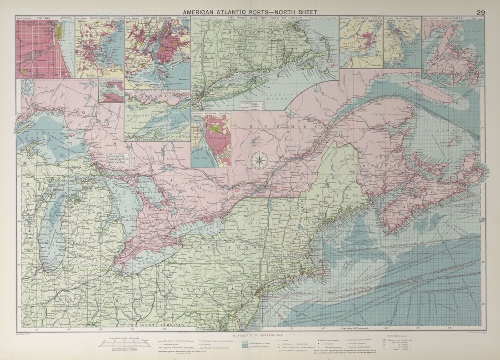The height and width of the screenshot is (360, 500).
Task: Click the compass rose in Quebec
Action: (260, 160)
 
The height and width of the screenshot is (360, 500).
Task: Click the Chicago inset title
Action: (44, 18)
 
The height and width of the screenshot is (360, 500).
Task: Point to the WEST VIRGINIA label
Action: (161, 325)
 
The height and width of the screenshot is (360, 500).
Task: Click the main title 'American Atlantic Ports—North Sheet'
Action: (250, 12)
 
